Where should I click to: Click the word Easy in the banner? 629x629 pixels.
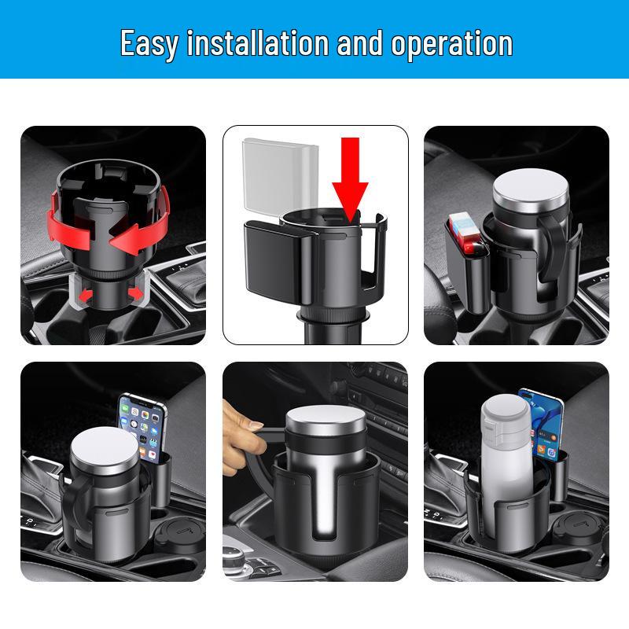(x=149, y=43)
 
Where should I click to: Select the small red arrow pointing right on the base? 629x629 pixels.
(x=135, y=293)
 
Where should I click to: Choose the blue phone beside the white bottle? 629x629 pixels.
(x=543, y=428)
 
